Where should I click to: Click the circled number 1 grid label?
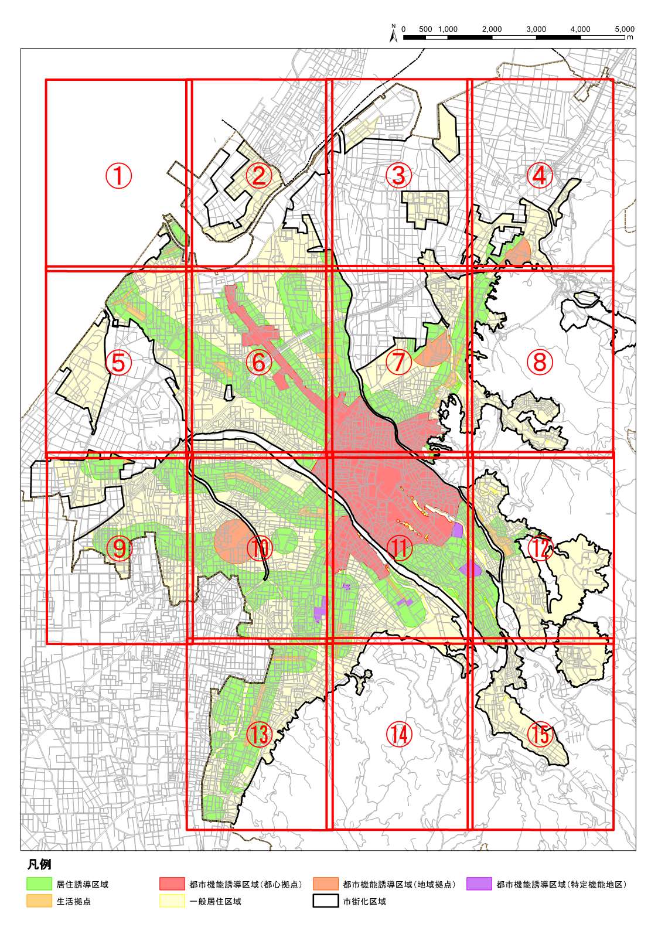pos(118,175)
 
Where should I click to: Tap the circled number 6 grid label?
pos(259,363)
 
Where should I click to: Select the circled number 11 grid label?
pos(400,548)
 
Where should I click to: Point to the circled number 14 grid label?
pos(400,734)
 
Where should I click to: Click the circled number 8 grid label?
pos(540,363)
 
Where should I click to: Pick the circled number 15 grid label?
pos(540,734)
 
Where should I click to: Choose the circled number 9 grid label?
pos(118,548)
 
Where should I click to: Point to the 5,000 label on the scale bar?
pos(625,29)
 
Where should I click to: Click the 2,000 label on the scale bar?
pos(492,29)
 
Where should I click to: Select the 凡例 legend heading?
pos(39,865)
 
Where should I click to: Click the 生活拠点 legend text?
pos(73,902)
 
